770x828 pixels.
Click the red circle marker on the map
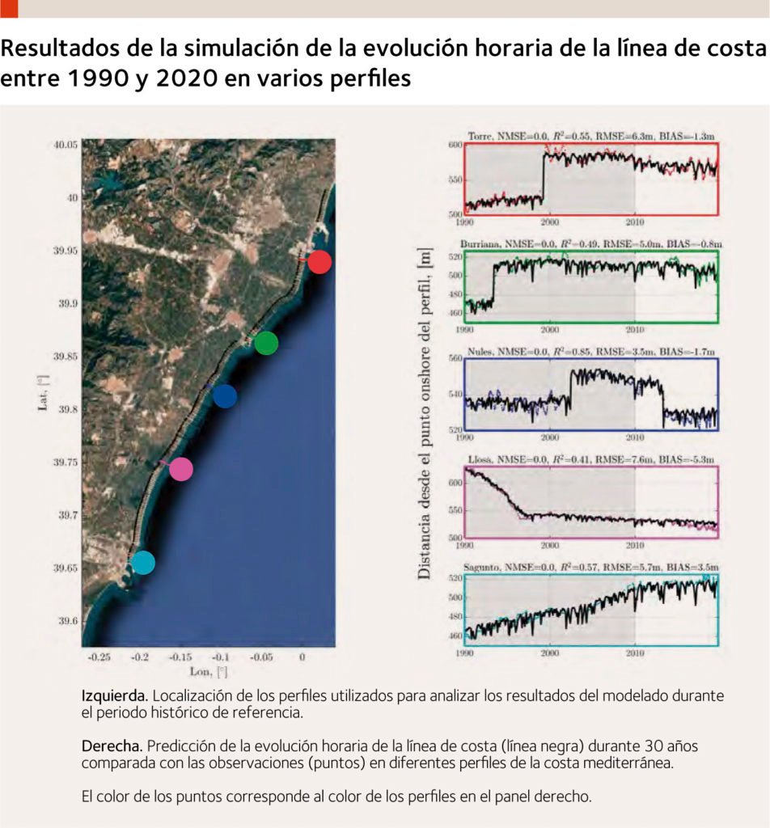319,262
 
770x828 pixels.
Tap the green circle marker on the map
265,343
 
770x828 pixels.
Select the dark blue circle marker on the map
224,396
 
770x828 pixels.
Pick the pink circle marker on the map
181,469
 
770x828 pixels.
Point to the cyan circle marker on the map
142,562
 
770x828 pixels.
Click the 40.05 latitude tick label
66,146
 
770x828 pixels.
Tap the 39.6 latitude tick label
68,621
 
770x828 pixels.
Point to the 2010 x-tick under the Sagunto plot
635,653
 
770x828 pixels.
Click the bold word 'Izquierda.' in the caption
114,695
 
